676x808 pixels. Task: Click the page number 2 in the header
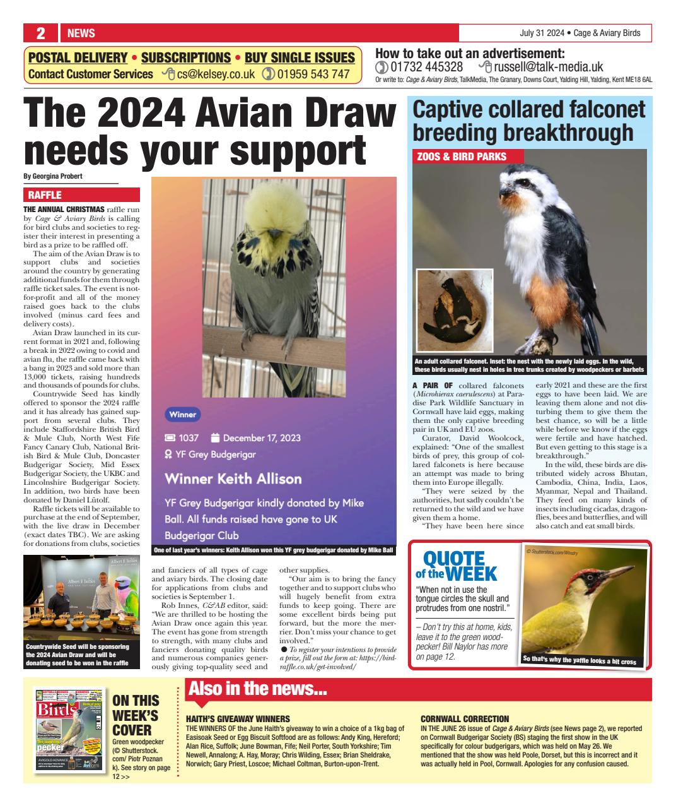pyautogui.click(x=40, y=33)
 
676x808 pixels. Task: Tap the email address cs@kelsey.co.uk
pyautogui.click(x=216, y=74)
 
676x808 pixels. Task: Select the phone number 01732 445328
pyautogui.click(x=426, y=67)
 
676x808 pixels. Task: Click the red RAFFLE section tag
pyautogui.click(x=45, y=196)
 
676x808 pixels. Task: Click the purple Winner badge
pyautogui.click(x=183, y=415)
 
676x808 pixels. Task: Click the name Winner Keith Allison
pyautogui.click(x=233, y=478)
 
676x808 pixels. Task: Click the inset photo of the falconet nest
pyautogui.click(x=454, y=310)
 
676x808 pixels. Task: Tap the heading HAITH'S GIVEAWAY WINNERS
pyautogui.click(x=238, y=719)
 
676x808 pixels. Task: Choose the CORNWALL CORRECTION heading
pyautogui.click(x=464, y=719)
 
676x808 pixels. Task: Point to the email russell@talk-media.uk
pyautogui.click(x=548, y=67)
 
